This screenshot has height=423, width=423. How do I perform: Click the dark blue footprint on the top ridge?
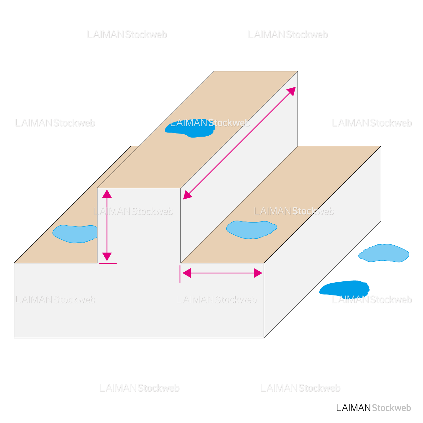190,128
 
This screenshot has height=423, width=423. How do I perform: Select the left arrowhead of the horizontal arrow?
186,273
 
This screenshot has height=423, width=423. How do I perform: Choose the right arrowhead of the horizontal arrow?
258,273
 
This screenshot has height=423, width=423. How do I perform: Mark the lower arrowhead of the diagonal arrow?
187,195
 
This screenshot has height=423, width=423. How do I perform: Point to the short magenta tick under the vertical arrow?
108,264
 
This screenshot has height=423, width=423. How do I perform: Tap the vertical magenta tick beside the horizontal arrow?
180,274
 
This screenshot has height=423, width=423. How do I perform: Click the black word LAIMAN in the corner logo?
353,408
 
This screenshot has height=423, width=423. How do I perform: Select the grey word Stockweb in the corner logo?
391,408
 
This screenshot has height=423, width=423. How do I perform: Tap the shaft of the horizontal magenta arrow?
222,273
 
